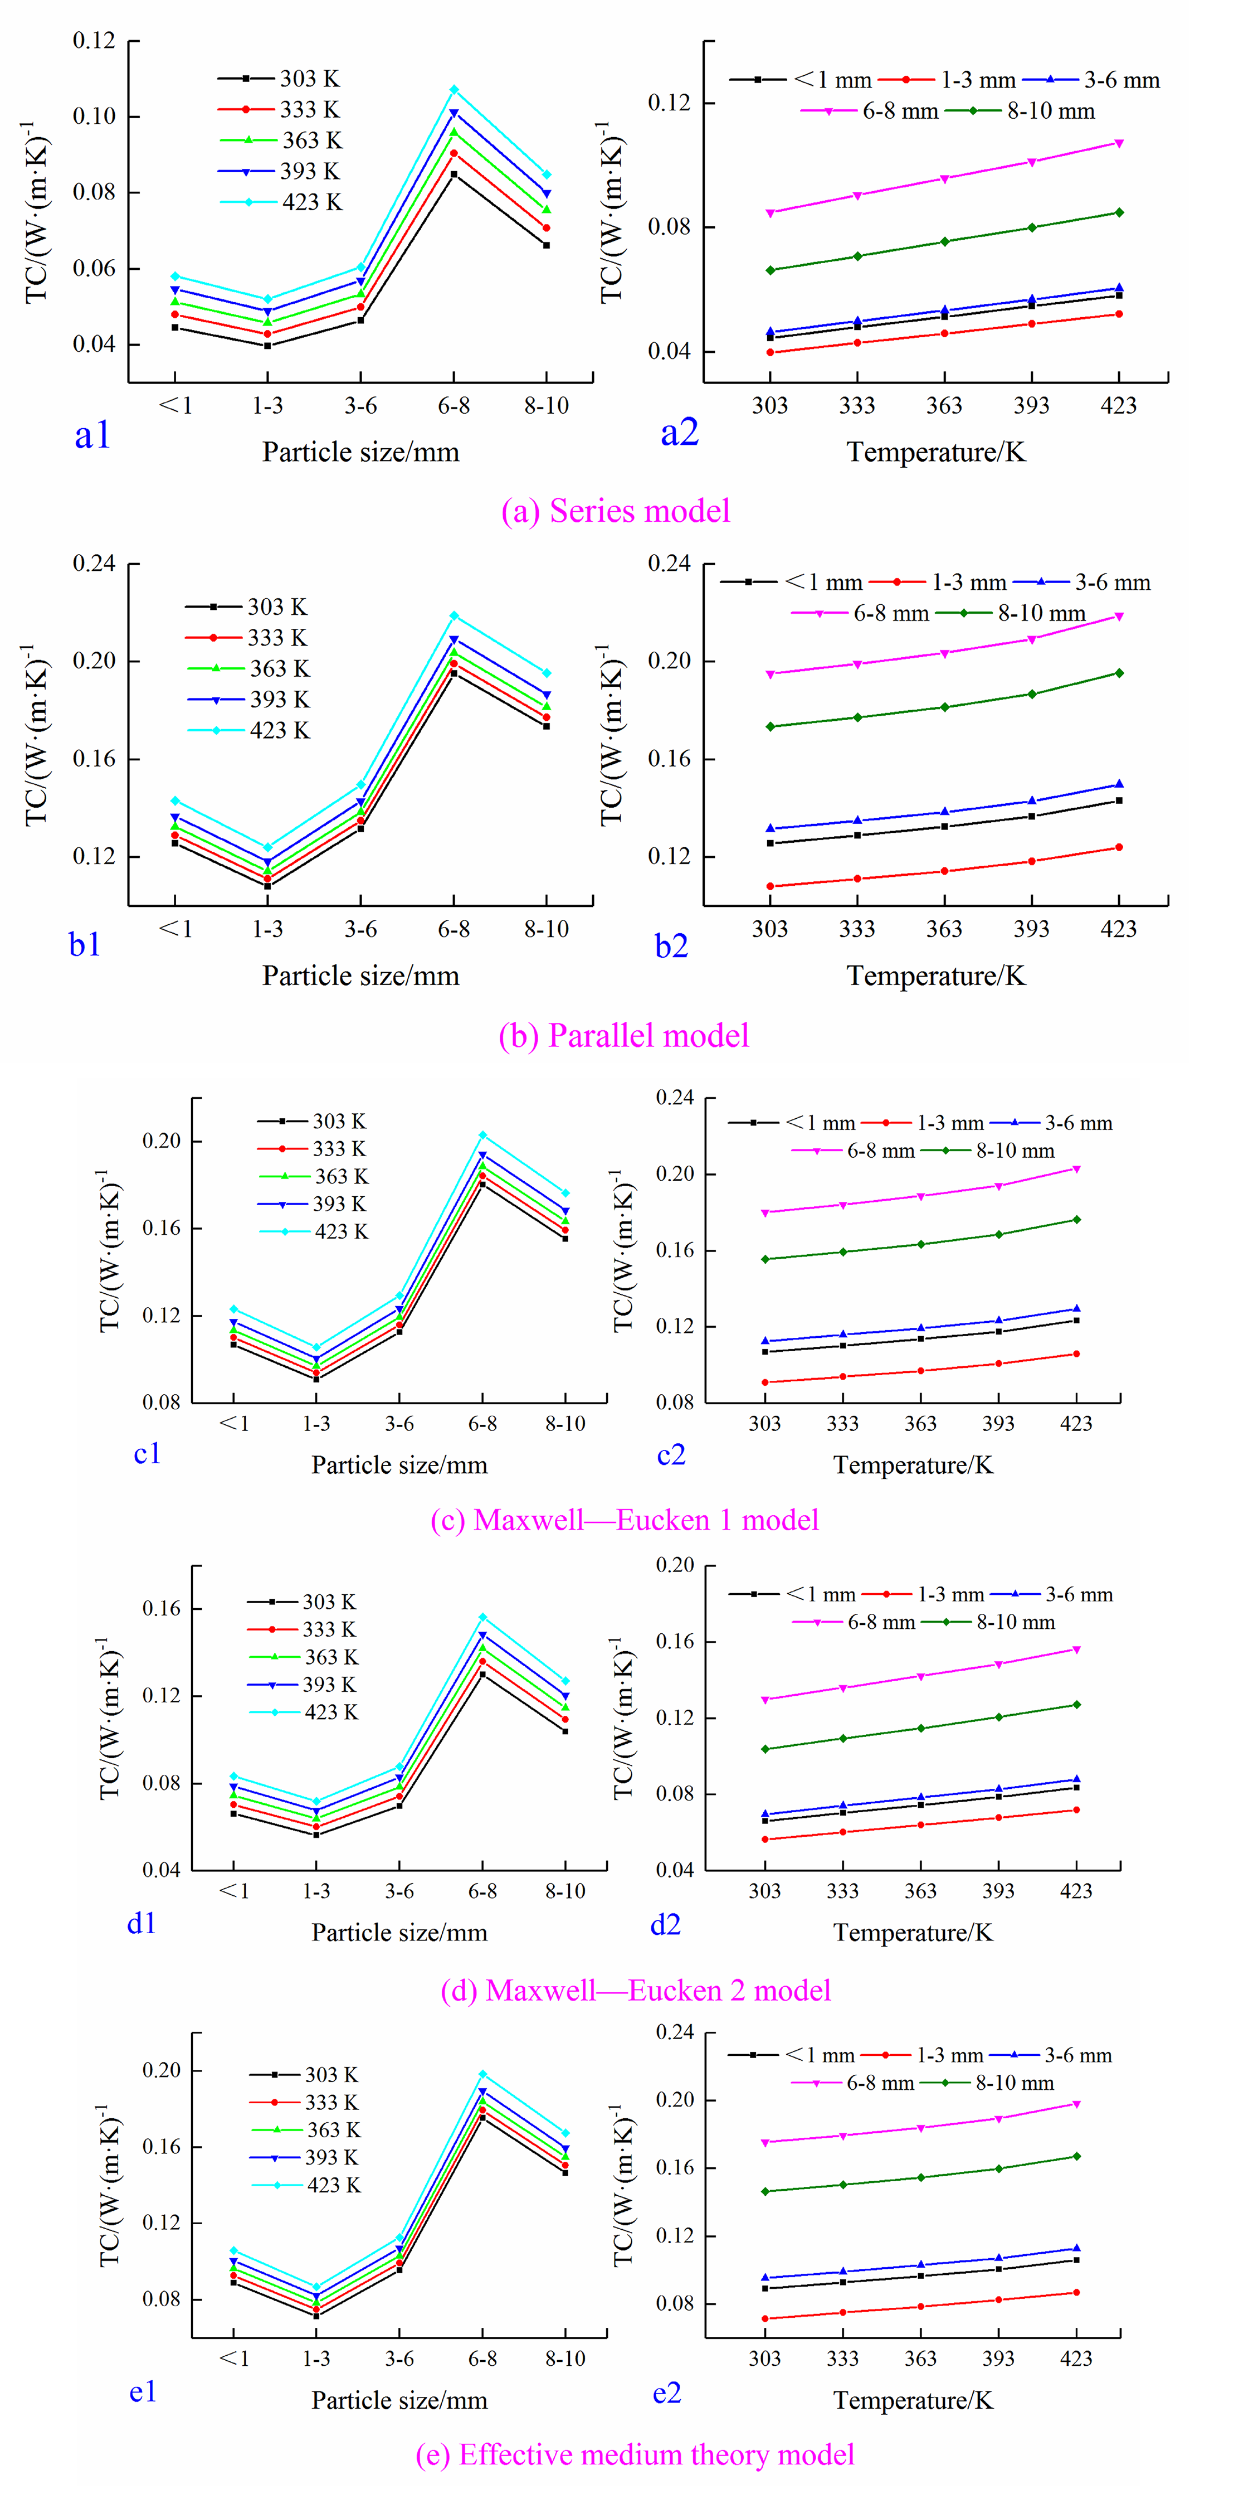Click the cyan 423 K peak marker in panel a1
tap(454, 89)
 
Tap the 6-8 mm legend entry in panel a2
tap(870, 111)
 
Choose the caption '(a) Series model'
tap(616, 511)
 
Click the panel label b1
tap(85, 944)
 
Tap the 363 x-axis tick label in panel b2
tap(944, 929)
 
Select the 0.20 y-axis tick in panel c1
tap(162, 1141)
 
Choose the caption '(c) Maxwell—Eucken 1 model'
tap(625, 1520)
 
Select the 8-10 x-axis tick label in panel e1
tap(565, 2359)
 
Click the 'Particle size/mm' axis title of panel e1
tap(399, 2400)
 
